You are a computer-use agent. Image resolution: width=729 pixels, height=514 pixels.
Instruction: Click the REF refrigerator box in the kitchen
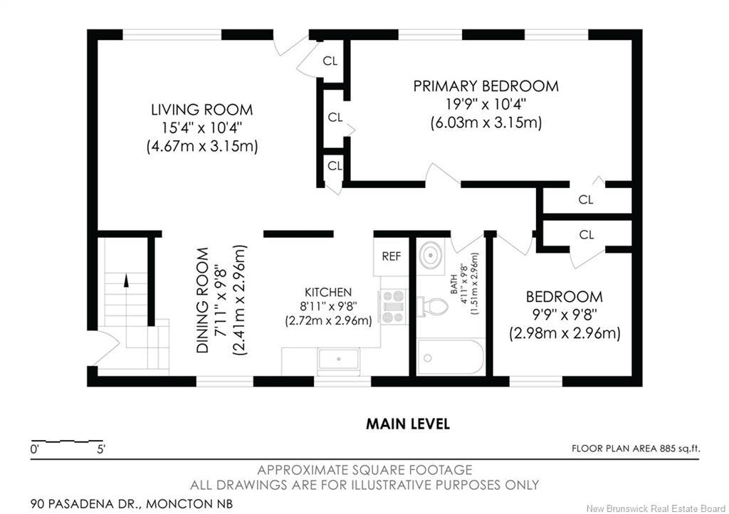(391, 256)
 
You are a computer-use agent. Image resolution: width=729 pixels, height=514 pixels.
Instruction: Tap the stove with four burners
(393, 307)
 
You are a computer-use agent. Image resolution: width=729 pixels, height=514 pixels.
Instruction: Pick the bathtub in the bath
(450, 357)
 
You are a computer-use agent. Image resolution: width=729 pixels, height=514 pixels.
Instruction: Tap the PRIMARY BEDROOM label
(486, 86)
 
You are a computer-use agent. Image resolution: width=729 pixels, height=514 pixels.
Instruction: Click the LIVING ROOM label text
(201, 110)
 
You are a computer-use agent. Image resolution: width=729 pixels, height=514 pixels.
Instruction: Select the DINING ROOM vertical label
(203, 300)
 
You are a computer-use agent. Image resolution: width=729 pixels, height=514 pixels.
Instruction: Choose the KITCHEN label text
(328, 293)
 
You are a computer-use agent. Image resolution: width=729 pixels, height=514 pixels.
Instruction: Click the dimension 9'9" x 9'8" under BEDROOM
(565, 315)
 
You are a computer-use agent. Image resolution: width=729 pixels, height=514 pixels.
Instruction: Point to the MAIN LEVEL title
(408, 424)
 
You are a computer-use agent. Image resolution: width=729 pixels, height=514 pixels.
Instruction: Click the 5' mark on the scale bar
(101, 449)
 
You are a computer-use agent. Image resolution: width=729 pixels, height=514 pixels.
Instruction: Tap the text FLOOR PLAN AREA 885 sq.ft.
(636, 449)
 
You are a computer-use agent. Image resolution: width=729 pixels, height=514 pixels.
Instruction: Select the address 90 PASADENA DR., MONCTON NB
(132, 503)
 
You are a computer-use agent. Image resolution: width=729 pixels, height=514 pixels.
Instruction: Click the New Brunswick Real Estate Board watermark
(656, 508)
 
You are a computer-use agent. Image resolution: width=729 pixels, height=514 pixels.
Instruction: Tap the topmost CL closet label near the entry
(330, 61)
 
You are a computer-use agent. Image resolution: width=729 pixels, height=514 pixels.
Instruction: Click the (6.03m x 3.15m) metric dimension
(486, 122)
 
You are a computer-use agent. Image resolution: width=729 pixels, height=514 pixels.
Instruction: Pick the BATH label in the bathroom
(453, 285)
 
